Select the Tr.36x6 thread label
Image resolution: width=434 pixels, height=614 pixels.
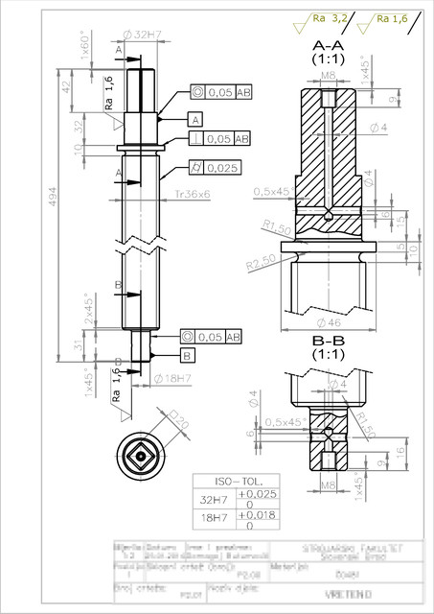(192, 195)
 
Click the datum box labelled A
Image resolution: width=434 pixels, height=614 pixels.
(195, 120)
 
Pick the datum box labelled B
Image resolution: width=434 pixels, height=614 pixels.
(187, 355)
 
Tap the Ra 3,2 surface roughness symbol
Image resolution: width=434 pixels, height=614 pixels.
(331, 17)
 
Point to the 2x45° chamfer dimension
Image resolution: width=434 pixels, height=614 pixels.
(87, 310)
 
